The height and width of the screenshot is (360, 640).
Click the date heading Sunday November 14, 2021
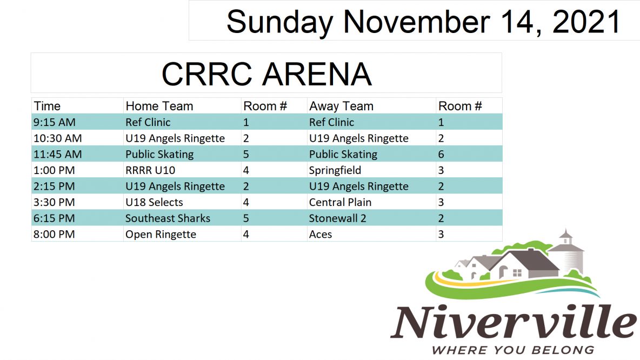click(423, 22)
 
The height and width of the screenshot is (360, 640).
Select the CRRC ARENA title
click(266, 74)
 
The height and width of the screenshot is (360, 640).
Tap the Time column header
click(47, 106)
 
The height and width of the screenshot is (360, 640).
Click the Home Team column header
click(159, 106)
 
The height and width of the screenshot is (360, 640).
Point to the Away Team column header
click(341, 106)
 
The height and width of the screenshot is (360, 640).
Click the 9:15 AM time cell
click(54, 122)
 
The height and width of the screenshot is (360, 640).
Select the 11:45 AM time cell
click(57, 154)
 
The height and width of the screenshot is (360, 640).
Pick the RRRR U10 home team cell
click(150, 170)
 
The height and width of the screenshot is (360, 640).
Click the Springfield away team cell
click(335, 171)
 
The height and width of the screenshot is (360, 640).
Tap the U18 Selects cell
click(154, 202)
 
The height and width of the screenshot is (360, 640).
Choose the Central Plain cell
click(341, 202)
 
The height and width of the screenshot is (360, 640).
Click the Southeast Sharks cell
click(168, 218)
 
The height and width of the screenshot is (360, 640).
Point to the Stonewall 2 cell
click(337, 218)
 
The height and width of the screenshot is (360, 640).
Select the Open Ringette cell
click(161, 235)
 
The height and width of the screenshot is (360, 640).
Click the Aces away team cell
click(321, 234)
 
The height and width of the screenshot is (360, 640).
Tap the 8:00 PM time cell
click(54, 234)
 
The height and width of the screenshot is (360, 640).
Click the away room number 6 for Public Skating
click(441, 154)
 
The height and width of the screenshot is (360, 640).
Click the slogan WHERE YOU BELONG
click(513, 350)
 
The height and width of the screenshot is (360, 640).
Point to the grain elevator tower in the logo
click(568, 252)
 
